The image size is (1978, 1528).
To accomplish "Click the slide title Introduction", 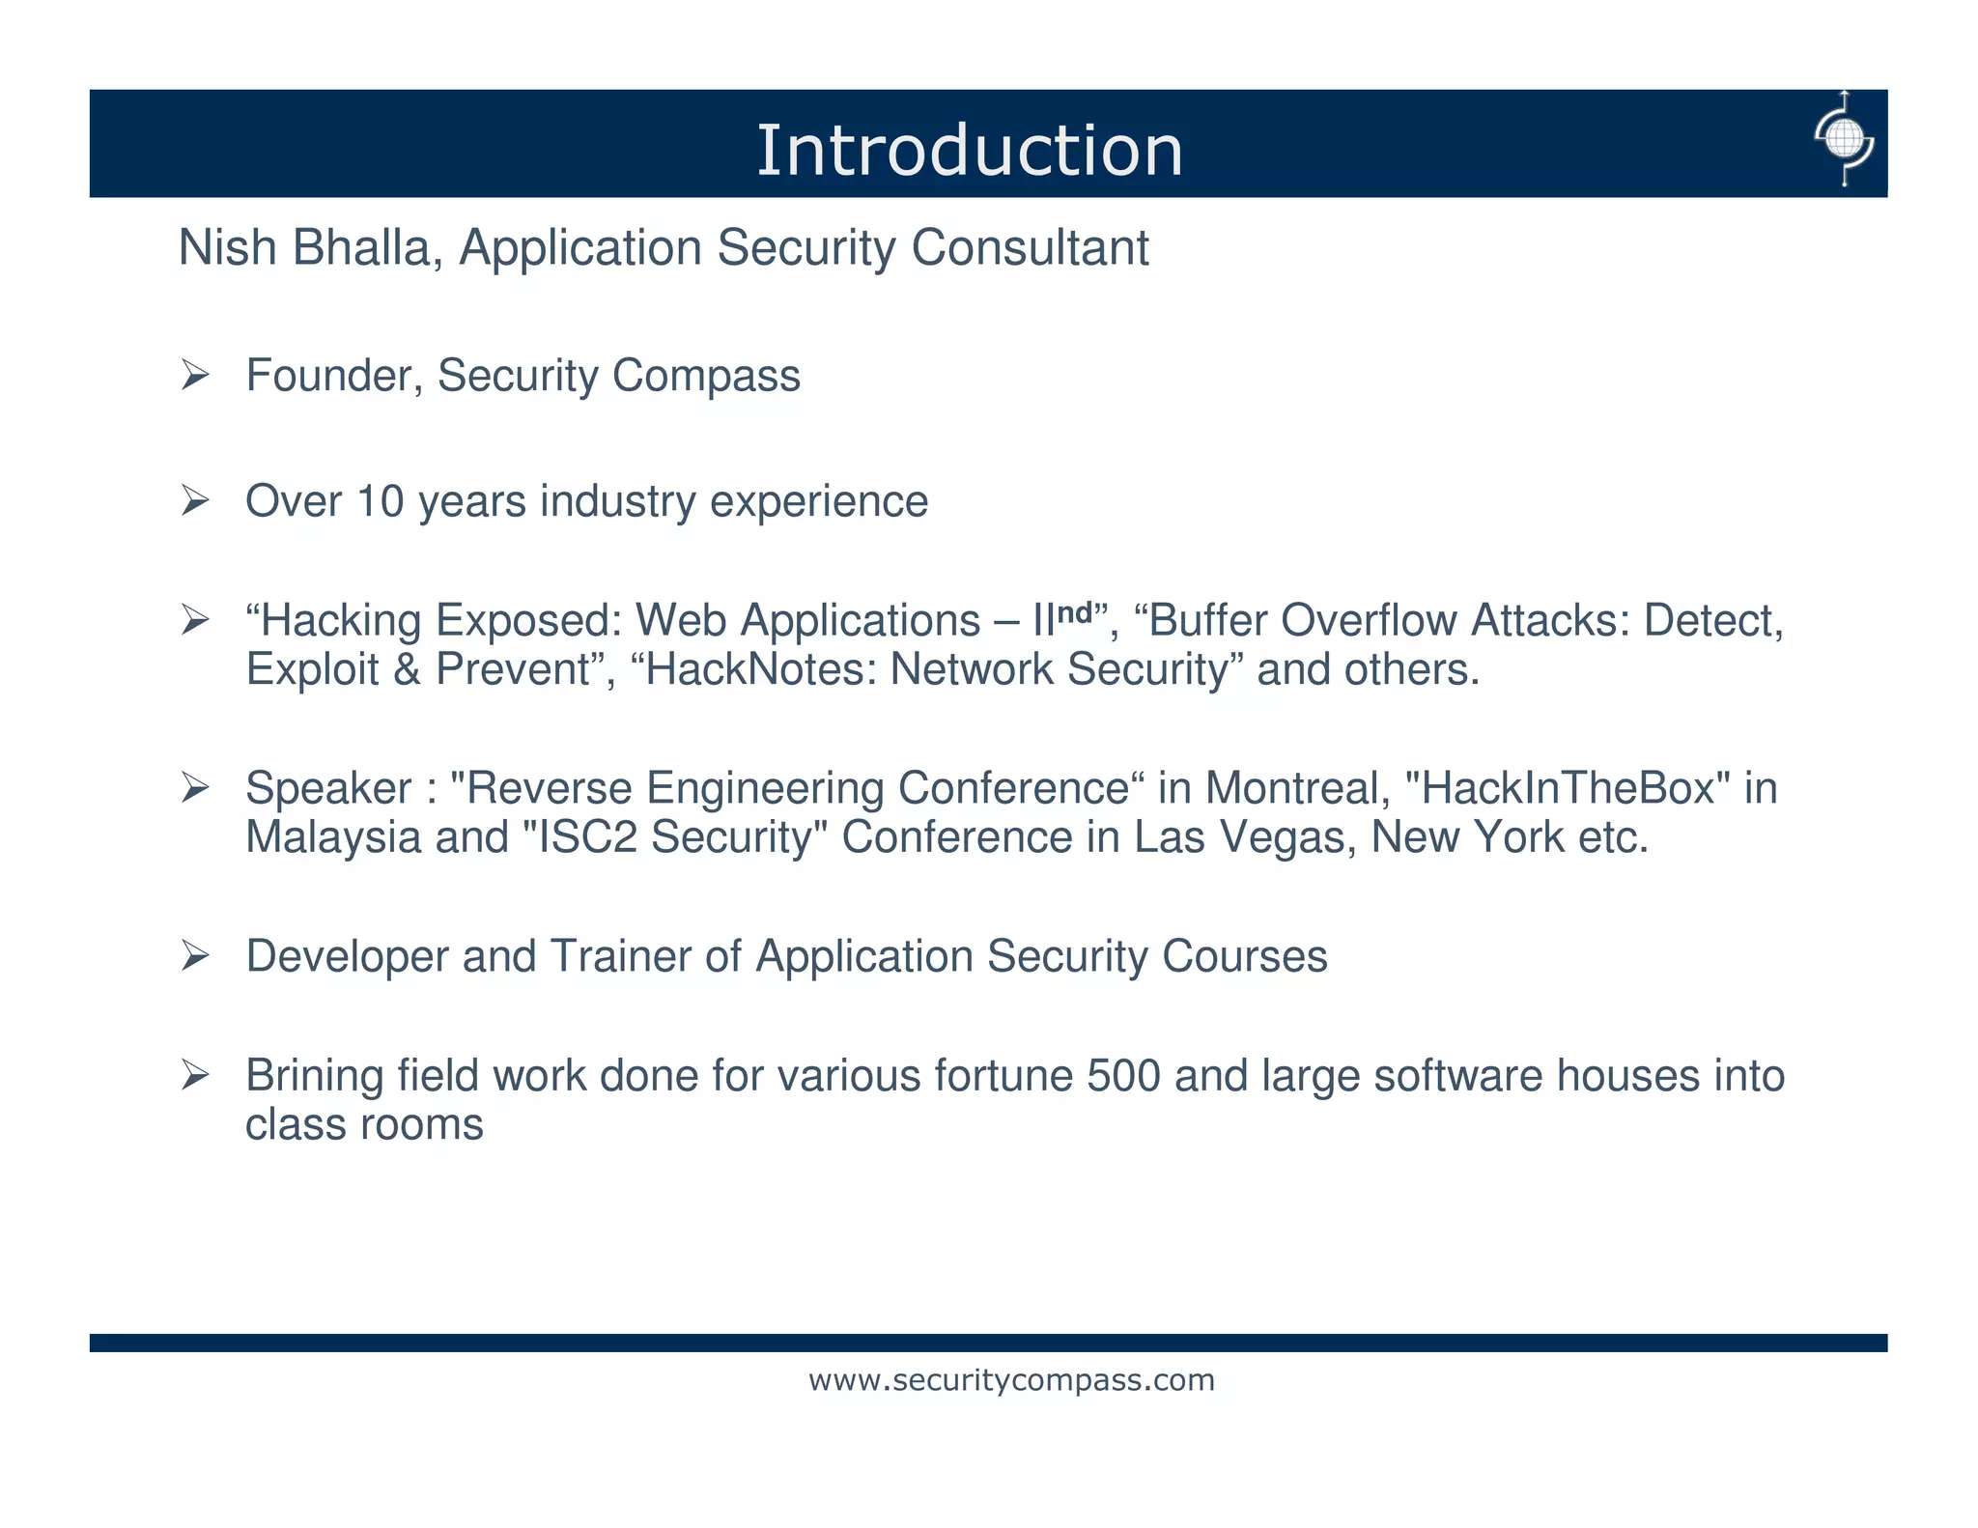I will (969, 151).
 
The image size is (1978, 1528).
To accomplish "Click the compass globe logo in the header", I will (1843, 140).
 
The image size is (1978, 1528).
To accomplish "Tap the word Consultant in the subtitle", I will (1030, 247).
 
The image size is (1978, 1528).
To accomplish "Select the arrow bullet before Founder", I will (195, 375).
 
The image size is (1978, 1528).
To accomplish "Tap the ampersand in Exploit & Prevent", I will (407, 669).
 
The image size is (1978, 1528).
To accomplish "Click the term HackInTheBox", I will (1565, 788).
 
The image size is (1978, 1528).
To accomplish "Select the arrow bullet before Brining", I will (195, 1075).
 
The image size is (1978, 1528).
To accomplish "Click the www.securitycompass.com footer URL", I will (1011, 1380).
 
